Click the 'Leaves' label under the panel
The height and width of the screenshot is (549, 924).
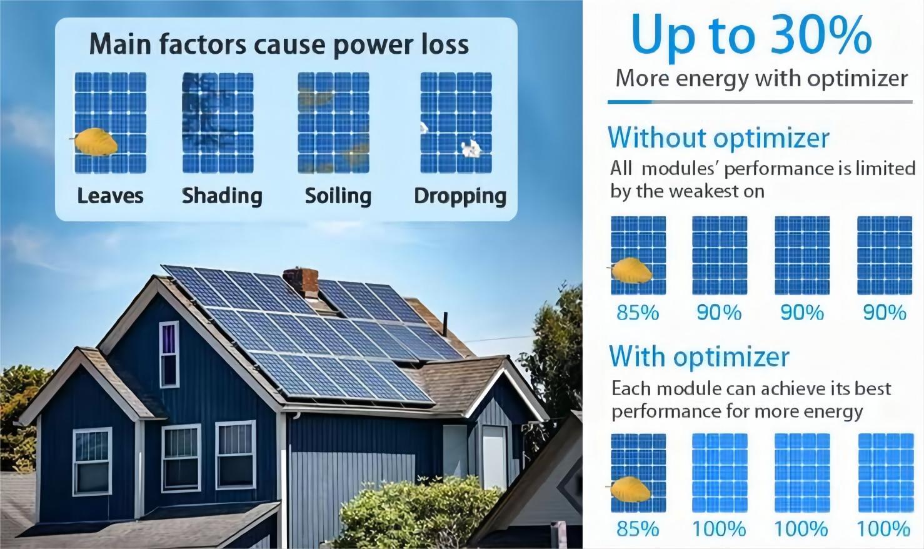[x=110, y=196]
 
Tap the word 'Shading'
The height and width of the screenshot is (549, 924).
[x=222, y=196]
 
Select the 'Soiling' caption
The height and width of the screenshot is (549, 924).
[x=338, y=196]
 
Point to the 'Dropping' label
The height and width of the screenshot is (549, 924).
[x=460, y=196]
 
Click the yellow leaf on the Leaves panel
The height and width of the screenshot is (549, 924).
[x=95, y=142]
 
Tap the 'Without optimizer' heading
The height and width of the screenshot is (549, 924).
[x=718, y=138]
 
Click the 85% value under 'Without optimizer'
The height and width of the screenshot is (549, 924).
[x=638, y=312]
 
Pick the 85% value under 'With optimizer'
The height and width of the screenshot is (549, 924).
[x=638, y=529]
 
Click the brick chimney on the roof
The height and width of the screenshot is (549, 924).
[x=301, y=282]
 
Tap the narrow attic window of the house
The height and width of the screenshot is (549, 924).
[x=169, y=355]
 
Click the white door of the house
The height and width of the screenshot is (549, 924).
[x=494, y=457]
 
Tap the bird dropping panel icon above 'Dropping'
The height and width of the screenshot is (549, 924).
[x=456, y=123]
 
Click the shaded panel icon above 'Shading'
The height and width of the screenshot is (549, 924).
[x=218, y=123]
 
